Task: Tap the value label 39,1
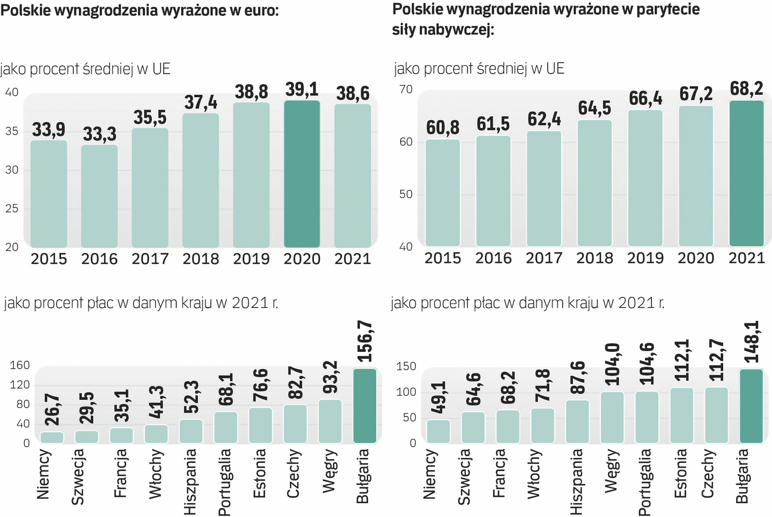pos(302,89)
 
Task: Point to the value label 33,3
pos(100,134)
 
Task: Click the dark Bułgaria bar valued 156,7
pos(365,406)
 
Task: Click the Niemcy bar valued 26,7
pos(52,438)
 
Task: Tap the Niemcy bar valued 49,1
pos(438,431)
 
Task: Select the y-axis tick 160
pos(20,365)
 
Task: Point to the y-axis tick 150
pos(406,366)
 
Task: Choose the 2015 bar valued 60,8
pos(443,193)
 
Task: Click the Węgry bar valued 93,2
pos(330,421)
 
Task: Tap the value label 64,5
pos(595,108)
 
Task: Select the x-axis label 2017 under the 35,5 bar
pos(150,259)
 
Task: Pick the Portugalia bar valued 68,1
pos(226,427)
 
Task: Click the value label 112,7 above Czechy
pos(717,360)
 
